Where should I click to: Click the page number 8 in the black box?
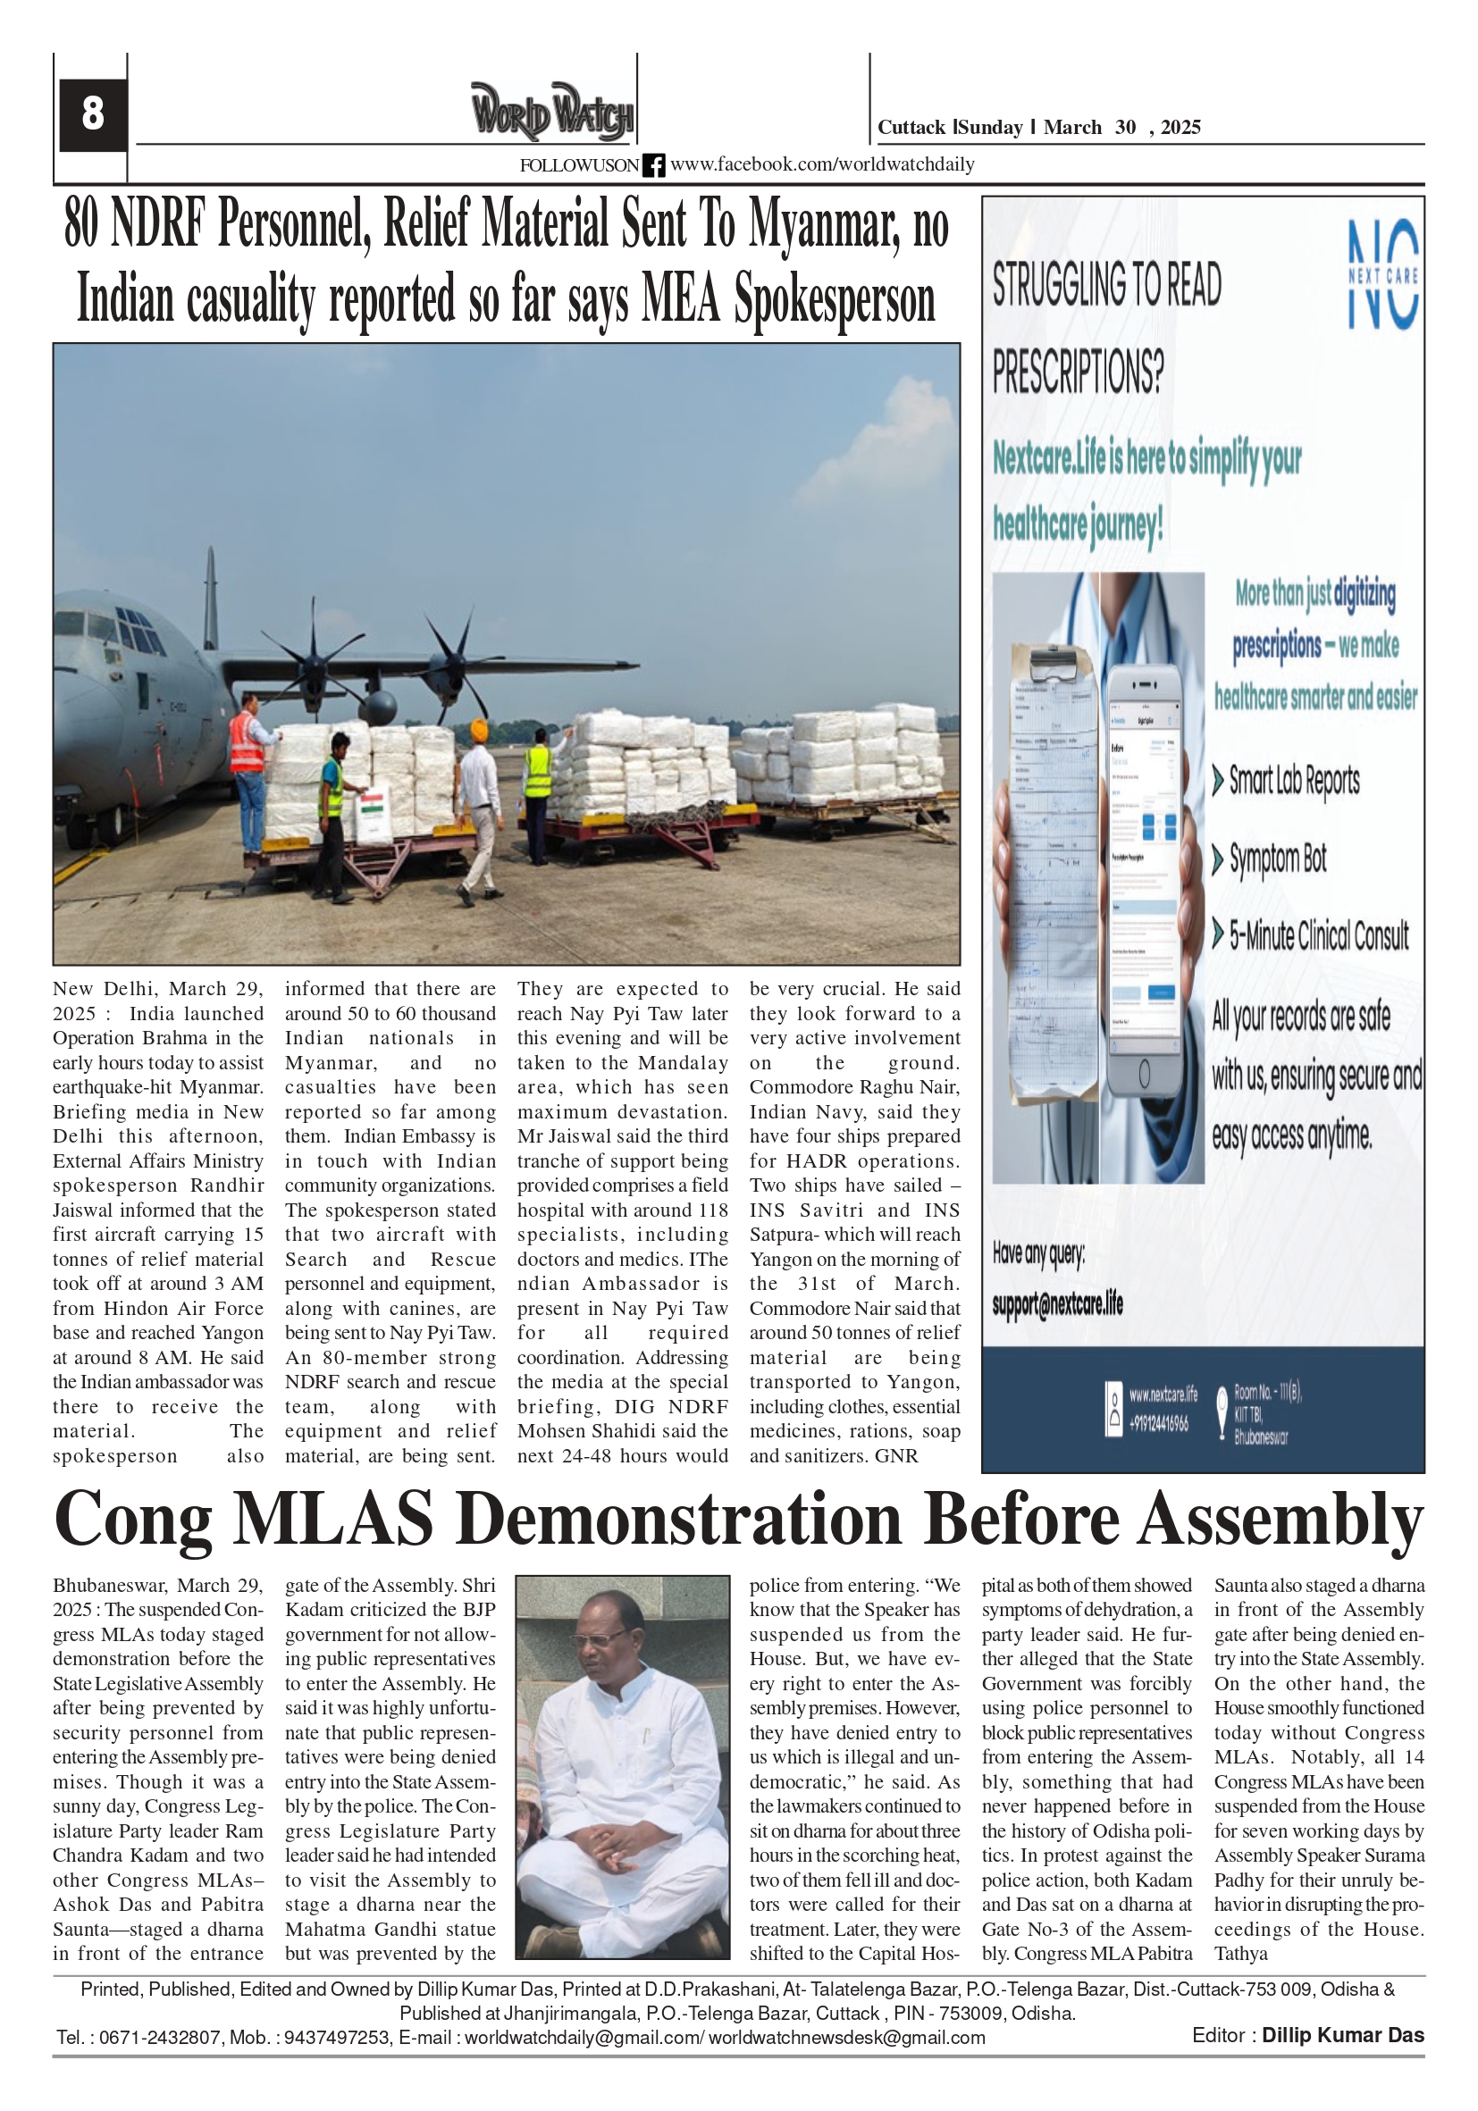click(92, 114)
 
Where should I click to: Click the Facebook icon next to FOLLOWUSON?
click(653, 165)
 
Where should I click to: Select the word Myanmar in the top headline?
click(824, 224)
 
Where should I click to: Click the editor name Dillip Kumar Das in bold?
click(1342, 2036)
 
